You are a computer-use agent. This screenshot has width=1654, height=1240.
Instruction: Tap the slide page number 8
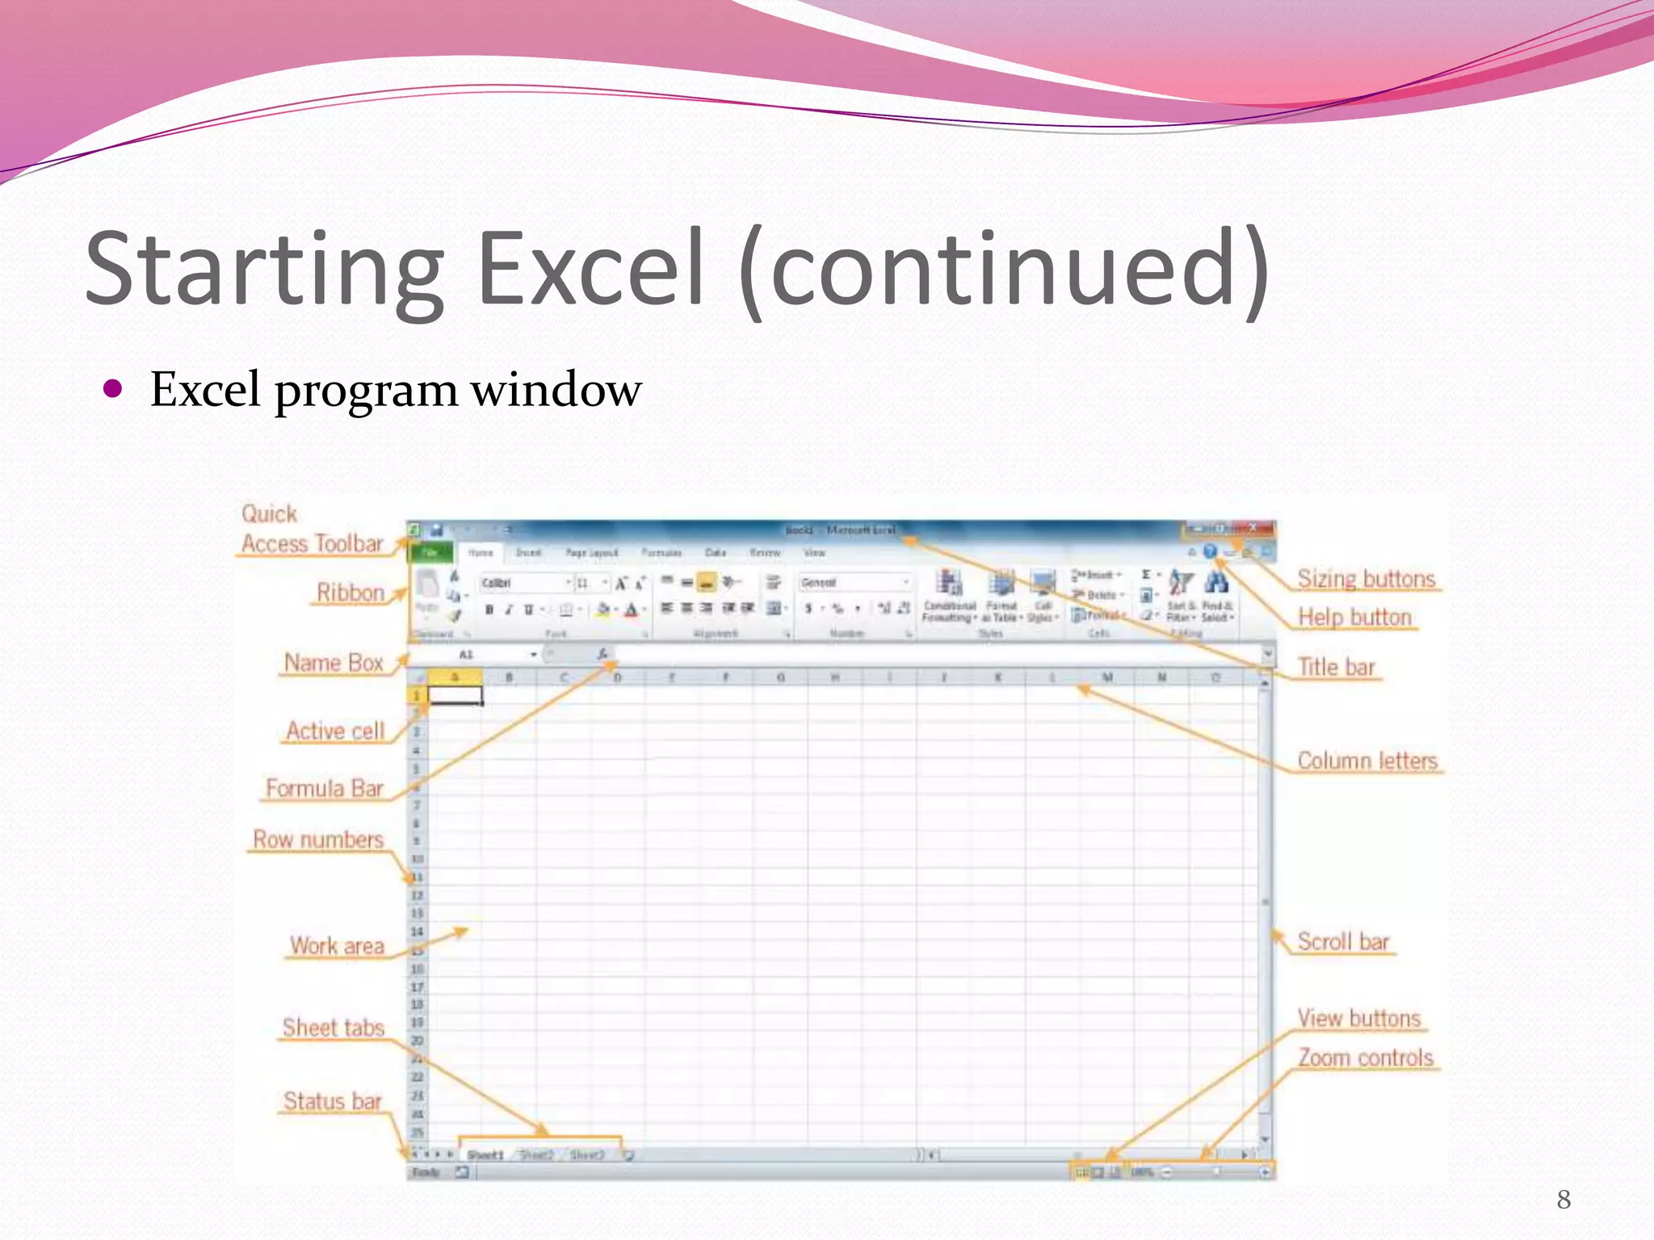(x=1564, y=1200)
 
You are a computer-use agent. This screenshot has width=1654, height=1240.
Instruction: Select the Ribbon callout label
(x=350, y=593)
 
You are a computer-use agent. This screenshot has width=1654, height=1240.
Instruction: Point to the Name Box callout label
(x=333, y=663)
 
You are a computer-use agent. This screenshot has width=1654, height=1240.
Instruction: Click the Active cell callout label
(x=335, y=731)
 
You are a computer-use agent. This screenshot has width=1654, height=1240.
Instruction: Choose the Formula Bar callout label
(x=324, y=788)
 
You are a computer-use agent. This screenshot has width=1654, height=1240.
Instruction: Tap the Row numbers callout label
(x=318, y=840)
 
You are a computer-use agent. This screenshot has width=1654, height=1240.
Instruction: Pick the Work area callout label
(x=337, y=945)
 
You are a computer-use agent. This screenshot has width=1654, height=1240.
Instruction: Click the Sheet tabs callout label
(x=333, y=1028)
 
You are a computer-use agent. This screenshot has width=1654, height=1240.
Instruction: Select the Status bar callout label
(x=332, y=1101)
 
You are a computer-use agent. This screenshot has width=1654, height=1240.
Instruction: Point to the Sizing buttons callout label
(x=1366, y=579)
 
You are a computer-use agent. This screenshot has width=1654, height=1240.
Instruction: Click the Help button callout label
(x=1354, y=617)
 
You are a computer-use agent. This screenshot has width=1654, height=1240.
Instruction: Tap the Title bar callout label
(x=1336, y=667)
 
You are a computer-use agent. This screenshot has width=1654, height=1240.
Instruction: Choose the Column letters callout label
(x=1367, y=760)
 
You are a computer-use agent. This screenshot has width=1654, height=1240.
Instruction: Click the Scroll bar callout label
(x=1343, y=941)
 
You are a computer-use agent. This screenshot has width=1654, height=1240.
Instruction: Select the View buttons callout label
(x=1358, y=1018)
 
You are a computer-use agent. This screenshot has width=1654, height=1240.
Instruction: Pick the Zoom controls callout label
(x=1365, y=1058)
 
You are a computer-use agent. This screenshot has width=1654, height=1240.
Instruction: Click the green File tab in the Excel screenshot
(x=430, y=552)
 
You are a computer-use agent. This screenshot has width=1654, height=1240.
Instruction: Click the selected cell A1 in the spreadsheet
(x=455, y=695)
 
